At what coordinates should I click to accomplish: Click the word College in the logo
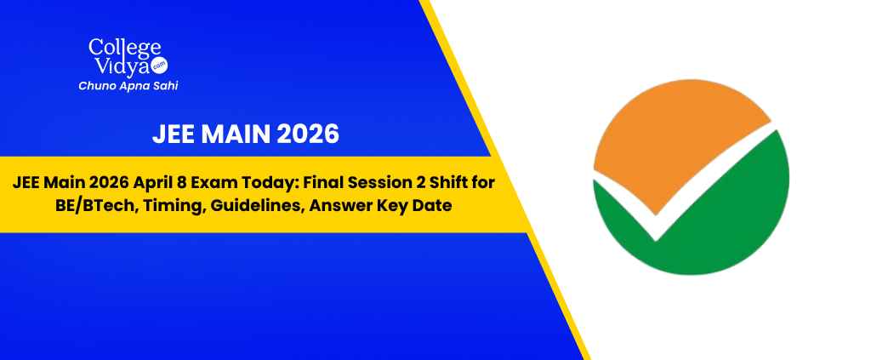click(124, 48)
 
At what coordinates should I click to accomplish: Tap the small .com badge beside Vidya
click(159, 65)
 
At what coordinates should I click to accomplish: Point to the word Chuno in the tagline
click(97, 86)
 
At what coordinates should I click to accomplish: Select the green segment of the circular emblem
click(716, 222)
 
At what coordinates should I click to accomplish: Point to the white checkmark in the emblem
click(656, 228)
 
